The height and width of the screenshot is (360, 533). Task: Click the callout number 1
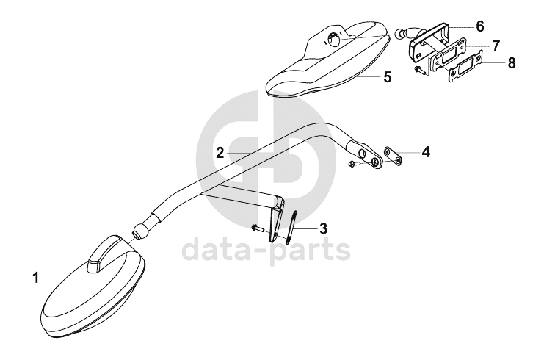(x=35, y=278)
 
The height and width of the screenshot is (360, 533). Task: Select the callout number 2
(x=220, y=152)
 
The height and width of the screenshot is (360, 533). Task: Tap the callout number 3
(x=324, y=228)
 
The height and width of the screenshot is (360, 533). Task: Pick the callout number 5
(x=387, y=76)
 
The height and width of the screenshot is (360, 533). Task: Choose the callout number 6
(x=479, y=26)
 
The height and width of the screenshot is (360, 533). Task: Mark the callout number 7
(x=496, y=46)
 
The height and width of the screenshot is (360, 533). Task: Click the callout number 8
(x=511, y=65)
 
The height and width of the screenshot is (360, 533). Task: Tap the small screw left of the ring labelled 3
(x=256, y=228)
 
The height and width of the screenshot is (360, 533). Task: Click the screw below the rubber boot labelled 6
(x=421, y=71)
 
